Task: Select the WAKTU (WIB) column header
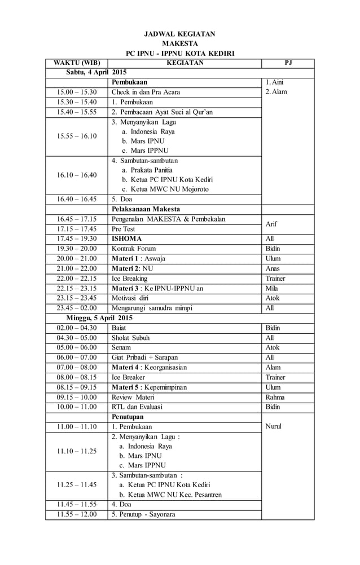[x=77, y=63]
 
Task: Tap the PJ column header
[x=288, y=63]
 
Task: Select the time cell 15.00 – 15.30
[x=77, y=92]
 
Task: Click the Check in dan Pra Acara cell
[x=146, y=92]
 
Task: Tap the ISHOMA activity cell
[x=127, y=239]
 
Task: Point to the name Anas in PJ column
[x=274, y=268]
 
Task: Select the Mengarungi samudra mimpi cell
[x=152, y=308]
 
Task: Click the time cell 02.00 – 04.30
[x=77, y=328]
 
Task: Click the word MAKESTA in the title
[x=179, y=43]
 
